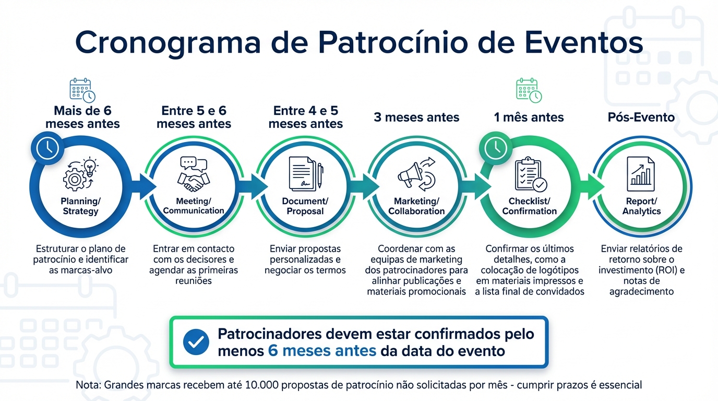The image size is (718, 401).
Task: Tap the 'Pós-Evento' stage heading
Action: [641, 117]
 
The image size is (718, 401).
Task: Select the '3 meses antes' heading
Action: [416, 117]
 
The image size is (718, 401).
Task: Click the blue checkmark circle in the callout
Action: [196, 343]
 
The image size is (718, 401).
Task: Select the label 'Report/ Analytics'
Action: [641, 206]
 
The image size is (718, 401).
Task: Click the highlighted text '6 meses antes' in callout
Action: [322, 350]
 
